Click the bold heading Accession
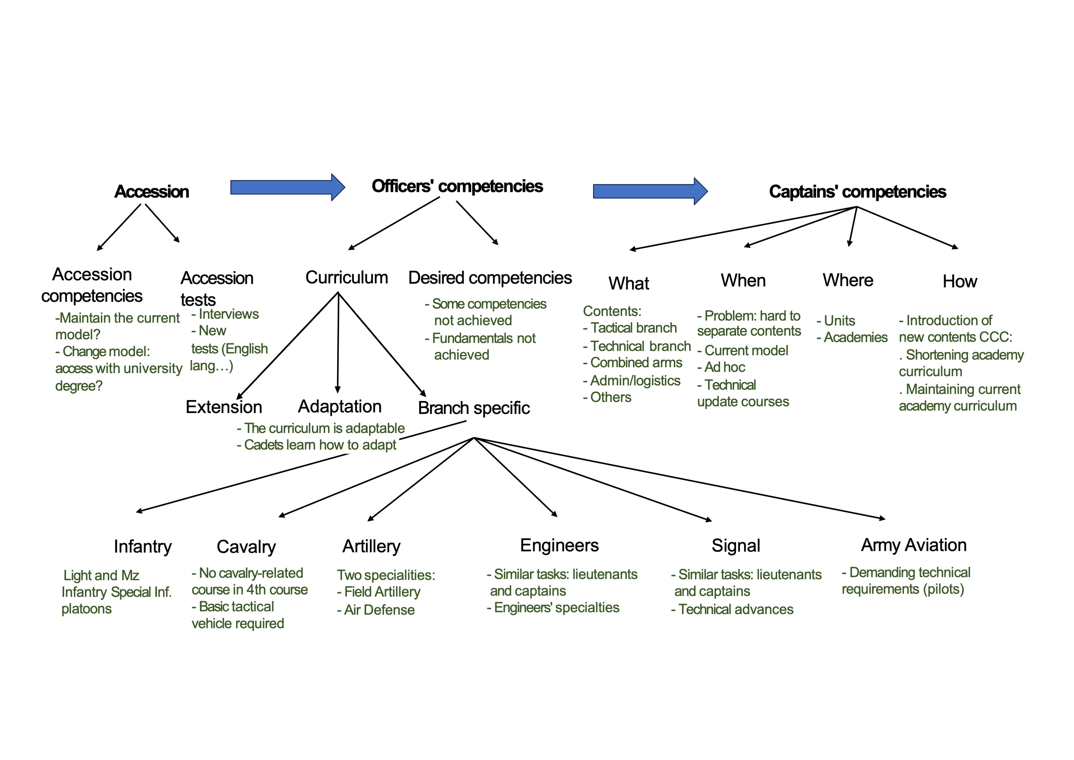tap(152, 192)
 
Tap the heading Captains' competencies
tap(857, 192)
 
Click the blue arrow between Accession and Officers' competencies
tap(287, 187)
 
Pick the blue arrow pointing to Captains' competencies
tap(650, 191)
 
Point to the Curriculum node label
tap(347, 278)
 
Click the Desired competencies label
tap(490, 278)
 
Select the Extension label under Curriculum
tap(224, 407)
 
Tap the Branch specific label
tap(474, 408)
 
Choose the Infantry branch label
tap(143, 547)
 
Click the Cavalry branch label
tap(246, 547)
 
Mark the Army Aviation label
tap(914, 545)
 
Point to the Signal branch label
tap(736, 546)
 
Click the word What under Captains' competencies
tap(629, 284)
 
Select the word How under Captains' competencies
tap(960, 282)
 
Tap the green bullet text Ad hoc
tap(724, 367)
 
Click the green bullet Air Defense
tap(379, 610)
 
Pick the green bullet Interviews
tap(228, 314)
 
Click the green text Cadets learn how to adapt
tap(320, 445)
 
